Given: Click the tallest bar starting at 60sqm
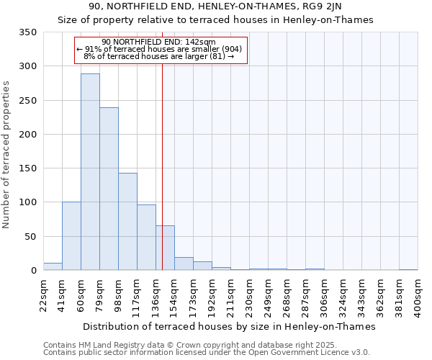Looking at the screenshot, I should point(90,172).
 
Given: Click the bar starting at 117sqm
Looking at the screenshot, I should point(146,238).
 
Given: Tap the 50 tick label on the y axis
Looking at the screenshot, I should point(30,236).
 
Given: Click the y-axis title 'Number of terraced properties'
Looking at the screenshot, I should point(7,155).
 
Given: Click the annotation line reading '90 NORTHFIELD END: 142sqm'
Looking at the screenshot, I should point(159,42).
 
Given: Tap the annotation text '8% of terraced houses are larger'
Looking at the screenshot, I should point(159,56).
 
